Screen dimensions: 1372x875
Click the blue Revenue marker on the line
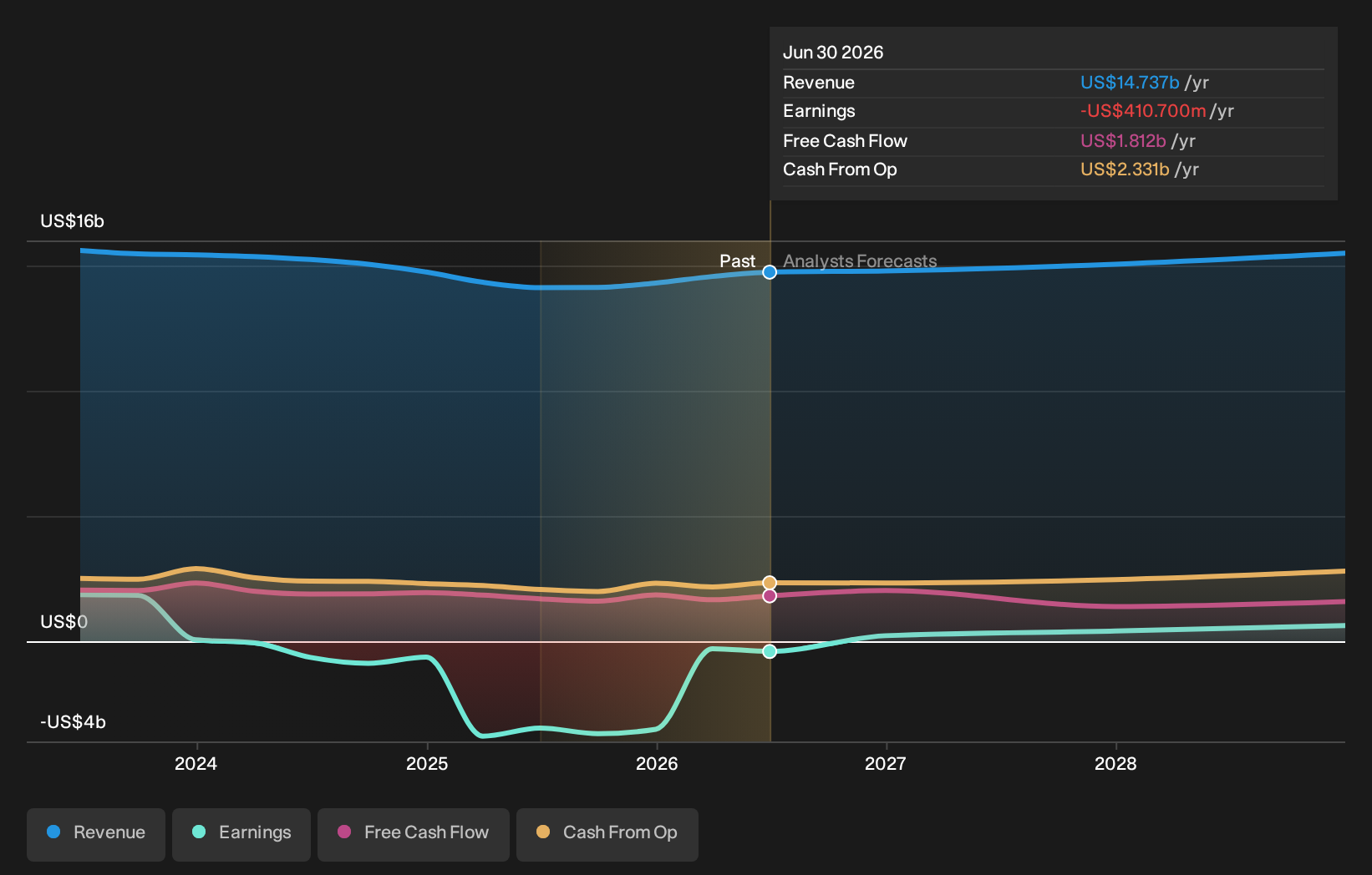click(x=770, y=271)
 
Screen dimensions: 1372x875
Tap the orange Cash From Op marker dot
click(x=770, y=583)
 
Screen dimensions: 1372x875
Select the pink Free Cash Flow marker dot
click(x=770, y=596)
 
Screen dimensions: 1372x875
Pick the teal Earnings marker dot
click(x=770, y=652)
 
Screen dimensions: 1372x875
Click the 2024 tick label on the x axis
click(x=196, y=764)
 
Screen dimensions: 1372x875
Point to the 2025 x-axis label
click(x=427, y=764)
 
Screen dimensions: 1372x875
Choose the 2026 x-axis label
click(x=657, y=764)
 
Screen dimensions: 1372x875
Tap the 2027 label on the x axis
click(x=886, y=764)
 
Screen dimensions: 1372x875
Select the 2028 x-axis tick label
click(x=1115, y=764)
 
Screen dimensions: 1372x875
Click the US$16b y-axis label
click(x=72, y=221)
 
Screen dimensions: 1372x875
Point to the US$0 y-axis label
click(x=64, y=622)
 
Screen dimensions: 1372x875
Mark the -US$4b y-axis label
click(x=73, y=722)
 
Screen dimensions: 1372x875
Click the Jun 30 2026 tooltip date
click(x=833, y=53)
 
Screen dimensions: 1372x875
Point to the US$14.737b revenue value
click(x=1130, y=82)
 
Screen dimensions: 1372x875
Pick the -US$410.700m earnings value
click(x=1143, y=111)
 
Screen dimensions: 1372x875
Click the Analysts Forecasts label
click(x=860, y=261)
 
